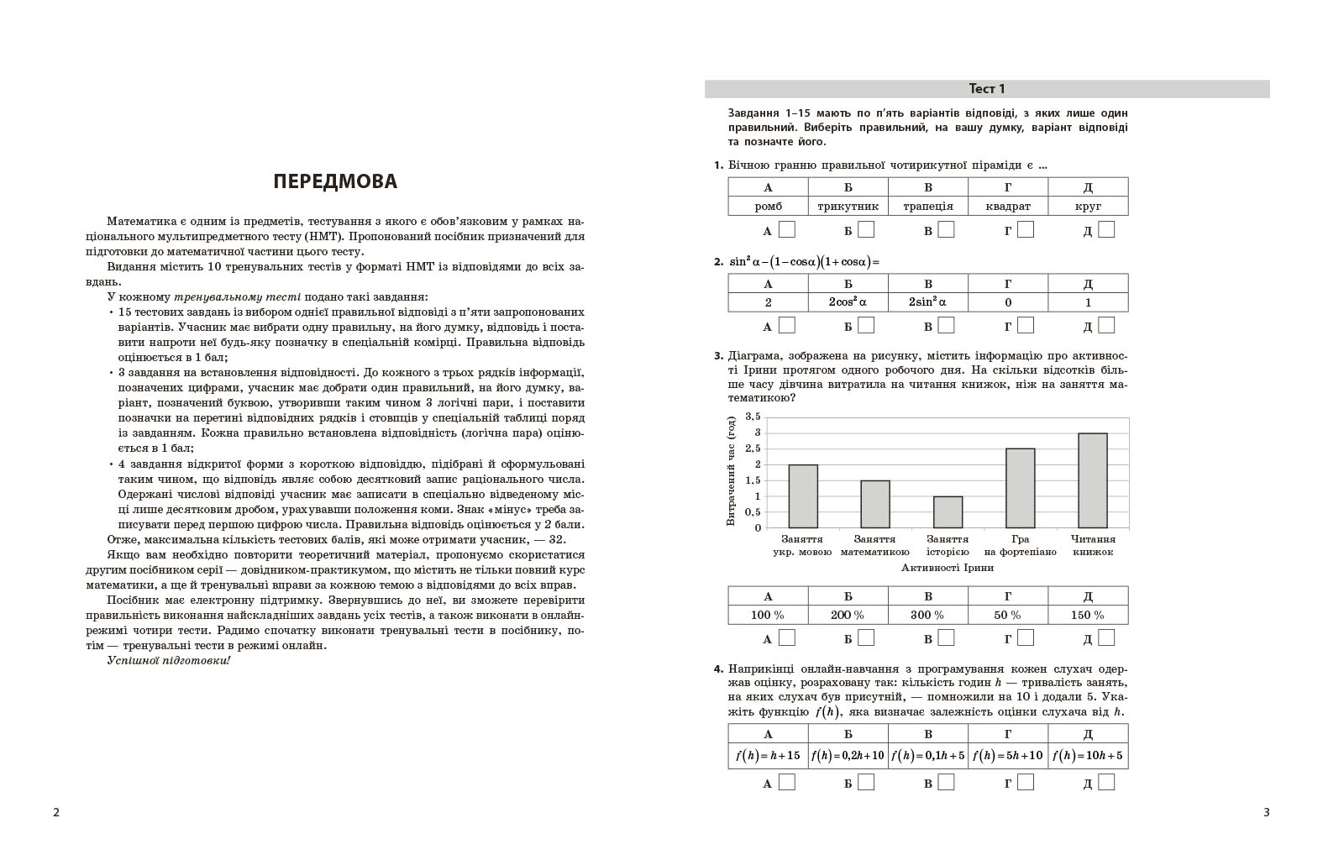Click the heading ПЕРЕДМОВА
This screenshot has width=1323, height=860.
(x=335, y=181)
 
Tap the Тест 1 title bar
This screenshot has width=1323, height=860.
(x=986, y=89)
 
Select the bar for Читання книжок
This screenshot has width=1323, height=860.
(x=1092, y=480)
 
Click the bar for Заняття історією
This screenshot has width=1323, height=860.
(x=948, y=511)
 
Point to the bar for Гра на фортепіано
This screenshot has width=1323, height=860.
(x=1020, y=488)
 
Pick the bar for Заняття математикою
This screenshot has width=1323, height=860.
(x=875, y=504)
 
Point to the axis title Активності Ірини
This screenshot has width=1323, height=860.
(x=947, y=568)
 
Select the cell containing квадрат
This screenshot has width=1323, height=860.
(x=1008, y=206)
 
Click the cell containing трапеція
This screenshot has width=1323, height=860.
(x=928, y=206)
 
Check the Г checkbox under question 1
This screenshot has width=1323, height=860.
(x=1026, y=229)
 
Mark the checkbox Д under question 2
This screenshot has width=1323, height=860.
(x=1106, y=325)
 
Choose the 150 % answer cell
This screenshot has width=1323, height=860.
(x=1088, y=615)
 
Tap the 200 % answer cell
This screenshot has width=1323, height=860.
(x=848, y=615)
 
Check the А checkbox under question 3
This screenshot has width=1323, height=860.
(x=786, y=637)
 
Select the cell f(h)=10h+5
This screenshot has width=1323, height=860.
(x=1088, y=755)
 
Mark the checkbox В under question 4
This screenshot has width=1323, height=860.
(x=946, y=782)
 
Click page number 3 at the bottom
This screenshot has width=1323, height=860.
(x=1267, y=812)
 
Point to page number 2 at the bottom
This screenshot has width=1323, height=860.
(x=56, y=812)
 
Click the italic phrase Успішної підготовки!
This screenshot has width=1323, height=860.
(x=168, y=660)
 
